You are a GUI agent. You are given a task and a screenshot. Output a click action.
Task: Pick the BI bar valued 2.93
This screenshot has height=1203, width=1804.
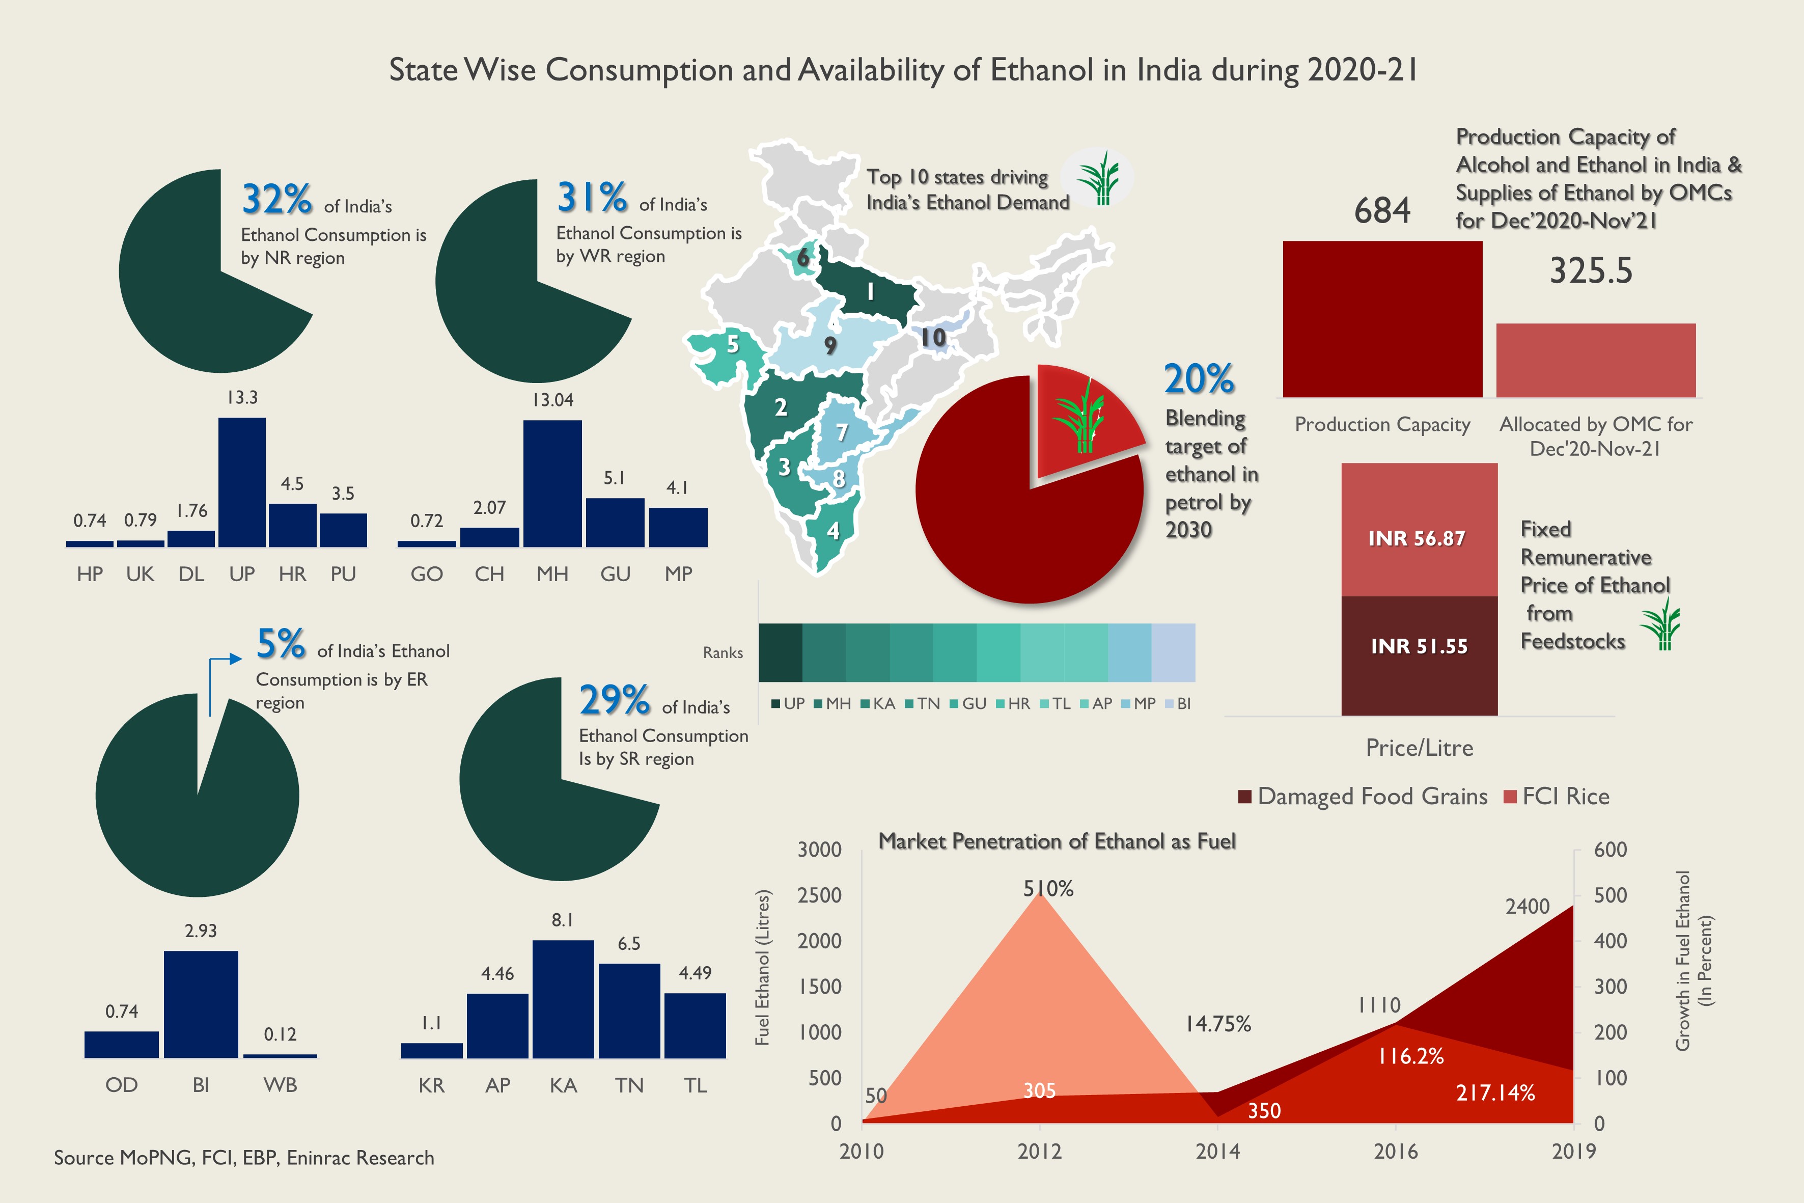click(201, 1004)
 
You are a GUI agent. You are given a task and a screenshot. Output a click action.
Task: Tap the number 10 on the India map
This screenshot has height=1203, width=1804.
click(933, 338)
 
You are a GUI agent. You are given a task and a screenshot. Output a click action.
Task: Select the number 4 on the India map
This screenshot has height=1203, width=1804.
click(833, 530)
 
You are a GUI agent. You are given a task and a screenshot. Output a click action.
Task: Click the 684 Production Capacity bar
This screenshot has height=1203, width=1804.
click(1382, 319)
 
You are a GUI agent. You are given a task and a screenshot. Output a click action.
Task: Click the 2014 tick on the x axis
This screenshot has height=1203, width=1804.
click(1217, 1151)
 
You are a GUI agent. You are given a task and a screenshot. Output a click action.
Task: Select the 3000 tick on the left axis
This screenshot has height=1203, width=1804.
click(819, 850)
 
